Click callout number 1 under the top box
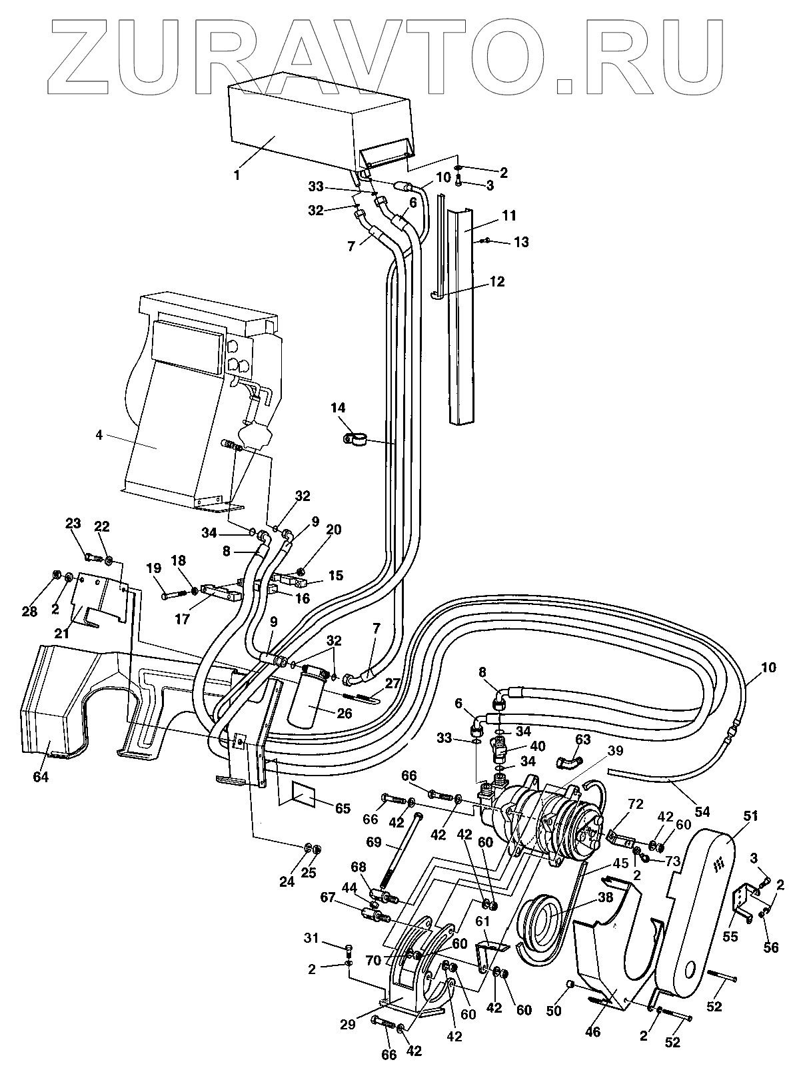237,175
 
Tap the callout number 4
99,435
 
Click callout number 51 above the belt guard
750,815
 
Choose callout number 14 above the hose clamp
338,408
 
